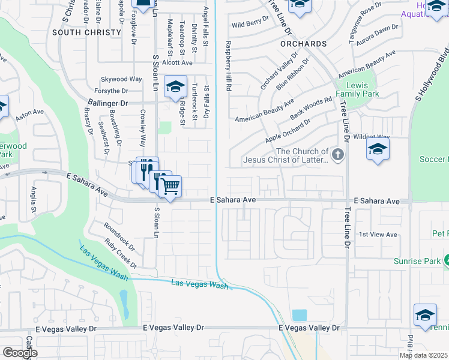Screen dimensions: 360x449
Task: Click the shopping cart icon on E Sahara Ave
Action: coord(170,187)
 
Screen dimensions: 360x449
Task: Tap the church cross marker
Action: coord(338,156)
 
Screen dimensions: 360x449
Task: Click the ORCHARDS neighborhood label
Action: coord(303,44)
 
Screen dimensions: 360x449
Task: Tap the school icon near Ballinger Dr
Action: coord(175,87)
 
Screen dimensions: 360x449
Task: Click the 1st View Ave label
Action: coord(378,234)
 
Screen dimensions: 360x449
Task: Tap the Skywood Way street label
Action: coord(121,79)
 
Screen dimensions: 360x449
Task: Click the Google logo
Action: coord(20,353)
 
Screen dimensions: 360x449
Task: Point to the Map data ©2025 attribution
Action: coord(423,355)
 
